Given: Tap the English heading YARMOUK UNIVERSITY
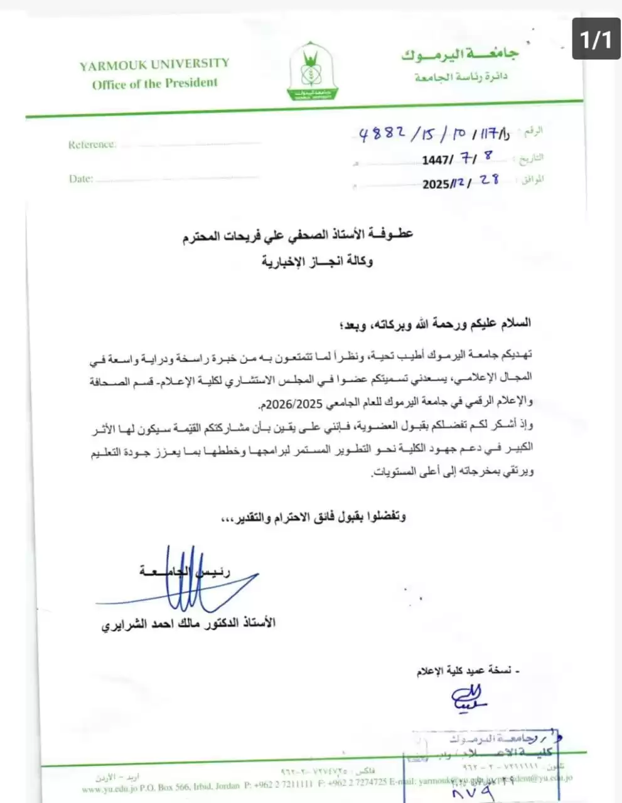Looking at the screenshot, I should (x=154, y=64).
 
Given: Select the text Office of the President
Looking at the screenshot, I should (x=154, y=83).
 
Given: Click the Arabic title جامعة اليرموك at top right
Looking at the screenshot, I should (x=460, y=55).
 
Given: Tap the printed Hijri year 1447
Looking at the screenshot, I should (x=436, y=160).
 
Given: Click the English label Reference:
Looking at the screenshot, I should (x=92, y=145).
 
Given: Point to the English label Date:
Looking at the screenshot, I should (x=80, y=179).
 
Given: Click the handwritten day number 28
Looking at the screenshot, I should (x=489, y=180).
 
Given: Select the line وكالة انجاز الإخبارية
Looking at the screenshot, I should (x=317, y=261).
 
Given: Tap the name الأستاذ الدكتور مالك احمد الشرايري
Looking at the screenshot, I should (x=188, y=624).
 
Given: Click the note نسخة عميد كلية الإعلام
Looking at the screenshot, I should (x=468, y=672).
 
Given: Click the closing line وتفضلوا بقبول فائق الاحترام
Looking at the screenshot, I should (x=313, y=518).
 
